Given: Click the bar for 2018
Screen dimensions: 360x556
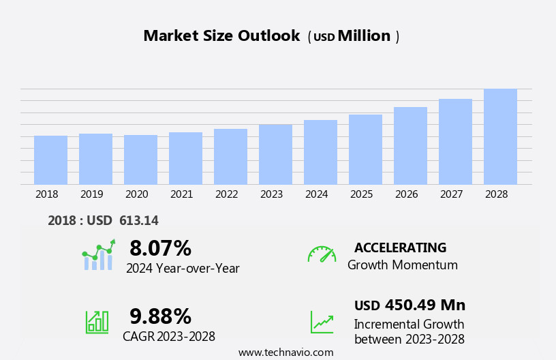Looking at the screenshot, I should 50,160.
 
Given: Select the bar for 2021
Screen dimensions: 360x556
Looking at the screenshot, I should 185,158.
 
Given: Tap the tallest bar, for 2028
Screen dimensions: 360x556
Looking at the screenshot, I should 500,136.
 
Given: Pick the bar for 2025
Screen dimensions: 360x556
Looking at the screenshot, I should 365,149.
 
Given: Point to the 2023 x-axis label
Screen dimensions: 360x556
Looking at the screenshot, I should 271,194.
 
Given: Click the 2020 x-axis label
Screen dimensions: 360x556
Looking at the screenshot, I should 136,194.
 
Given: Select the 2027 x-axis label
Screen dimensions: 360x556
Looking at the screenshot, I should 451,194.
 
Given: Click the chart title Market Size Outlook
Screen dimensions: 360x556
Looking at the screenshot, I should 221,36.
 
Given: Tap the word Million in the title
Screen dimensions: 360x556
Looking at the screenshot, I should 364,36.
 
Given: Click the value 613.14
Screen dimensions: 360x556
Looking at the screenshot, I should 138,220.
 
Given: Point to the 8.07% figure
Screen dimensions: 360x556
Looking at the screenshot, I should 160,248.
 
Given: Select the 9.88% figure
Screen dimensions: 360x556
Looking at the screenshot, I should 160,316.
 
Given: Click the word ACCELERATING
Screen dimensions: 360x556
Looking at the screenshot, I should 400,247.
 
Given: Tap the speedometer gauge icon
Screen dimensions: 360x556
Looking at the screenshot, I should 322,254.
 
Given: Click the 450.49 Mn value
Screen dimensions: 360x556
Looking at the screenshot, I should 424,305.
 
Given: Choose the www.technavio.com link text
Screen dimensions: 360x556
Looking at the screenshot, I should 285,352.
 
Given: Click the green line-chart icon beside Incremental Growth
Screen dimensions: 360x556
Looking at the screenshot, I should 322,322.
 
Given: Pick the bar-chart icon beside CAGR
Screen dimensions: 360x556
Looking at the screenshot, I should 97,321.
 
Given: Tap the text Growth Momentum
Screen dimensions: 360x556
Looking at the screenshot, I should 402,265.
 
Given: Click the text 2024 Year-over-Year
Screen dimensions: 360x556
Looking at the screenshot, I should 183,269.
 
